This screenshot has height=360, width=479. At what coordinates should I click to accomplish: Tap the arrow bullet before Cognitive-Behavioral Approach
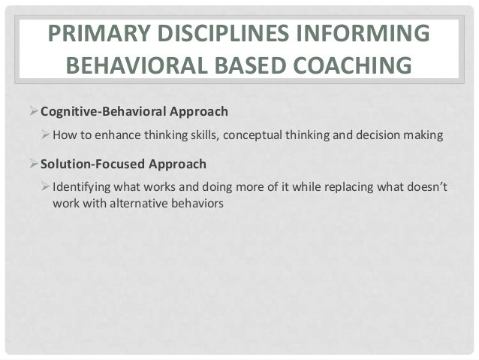(32, 111)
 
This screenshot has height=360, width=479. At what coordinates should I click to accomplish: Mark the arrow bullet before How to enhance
(45, 135)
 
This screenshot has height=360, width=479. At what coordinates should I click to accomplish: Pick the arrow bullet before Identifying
(45, 186)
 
